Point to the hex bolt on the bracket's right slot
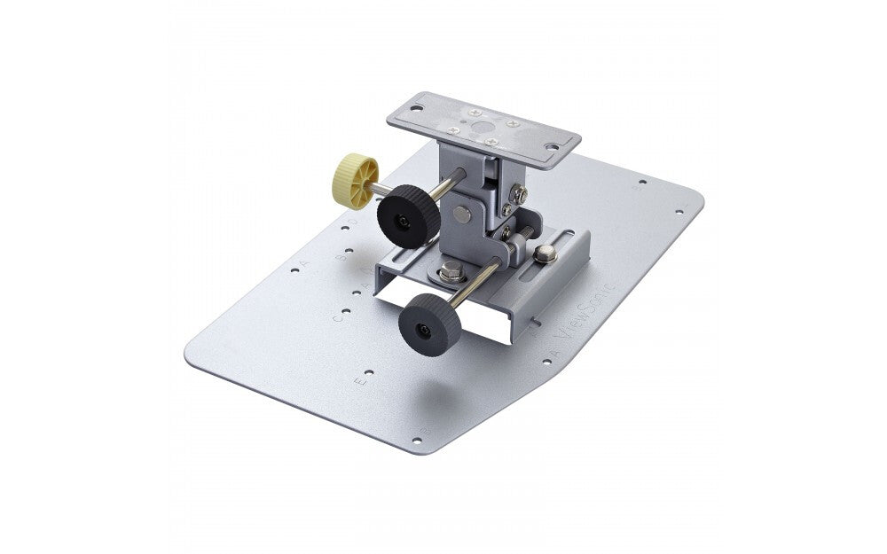pyautogui.click(x=546, y=254)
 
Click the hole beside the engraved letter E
pyautogui.click(x=368, y=373)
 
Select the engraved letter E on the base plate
pyautogui.click(x=358, y=383)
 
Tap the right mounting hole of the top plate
pyautogui.click(x=551, y=146)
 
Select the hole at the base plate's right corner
pyautogui.click(x=679, y=212)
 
